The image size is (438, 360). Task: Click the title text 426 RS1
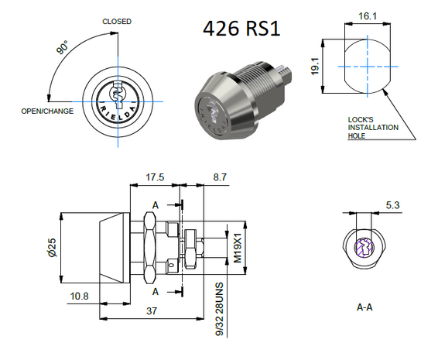point(241,29)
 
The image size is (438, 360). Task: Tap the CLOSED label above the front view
point(117,22)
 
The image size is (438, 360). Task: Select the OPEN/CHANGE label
point(47,111)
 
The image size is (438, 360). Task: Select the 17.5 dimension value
point(156,177)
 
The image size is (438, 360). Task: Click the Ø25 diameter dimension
point(52,247)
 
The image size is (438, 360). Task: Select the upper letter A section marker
point(156,205)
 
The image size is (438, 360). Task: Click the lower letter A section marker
point(156,291)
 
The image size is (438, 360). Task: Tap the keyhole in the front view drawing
point(117,95)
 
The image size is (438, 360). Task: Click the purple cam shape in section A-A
point(364,249)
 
